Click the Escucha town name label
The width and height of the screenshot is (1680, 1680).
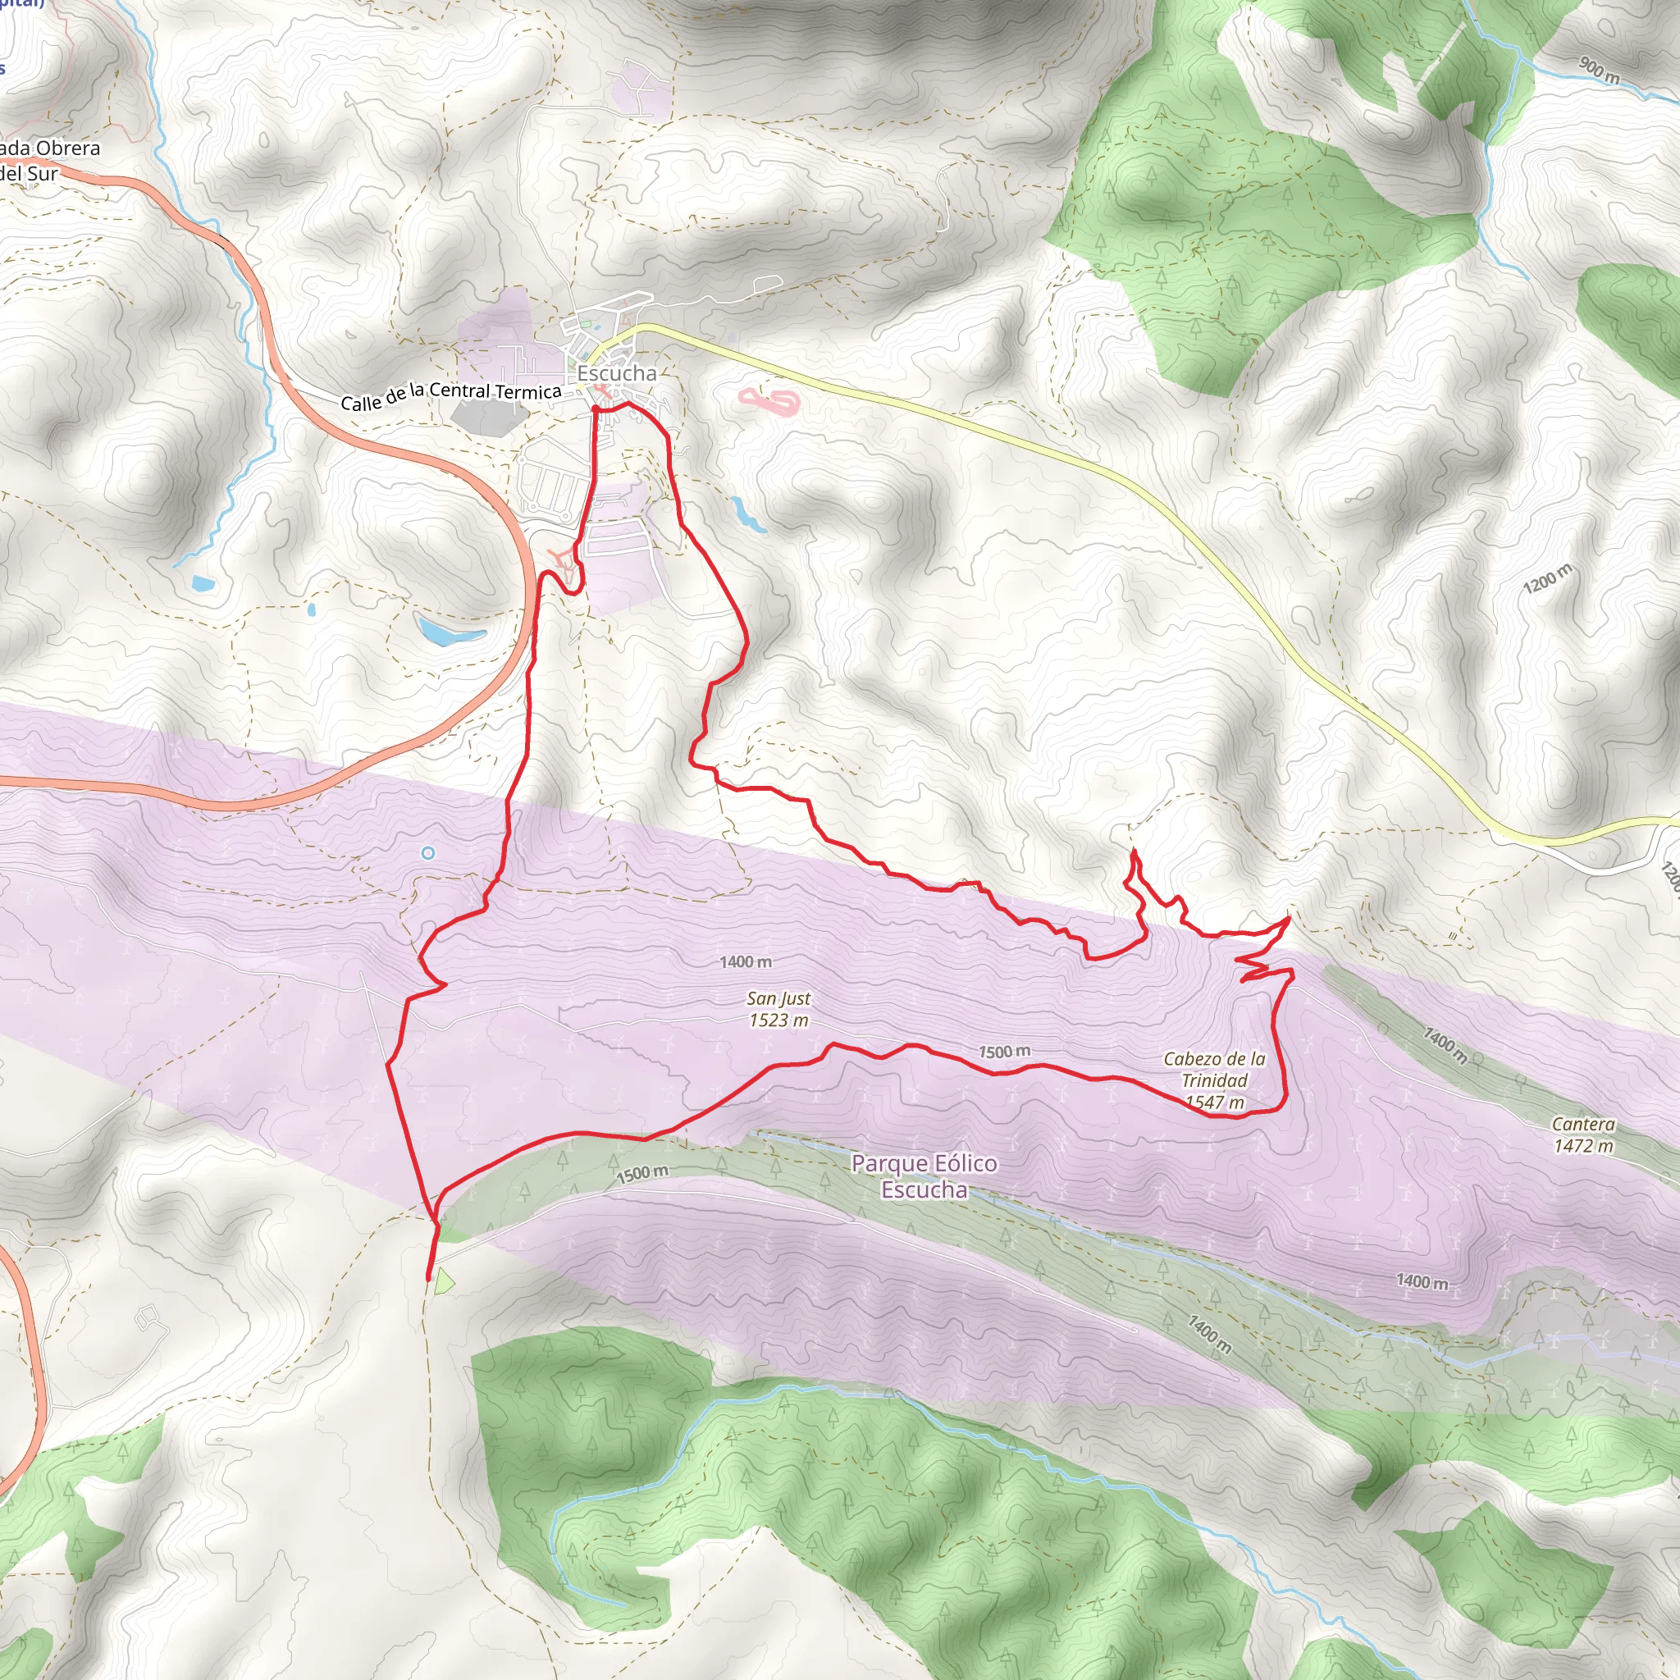pyautogui.click(x=617, y=373)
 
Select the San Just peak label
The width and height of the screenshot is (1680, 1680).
pyautogui.click(x=778, y=999)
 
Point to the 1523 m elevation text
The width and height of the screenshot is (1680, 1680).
pyautogui.click(x=778, y=1020)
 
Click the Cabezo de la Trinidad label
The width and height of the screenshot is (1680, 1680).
pyautogui.click(x=1214, y=1070)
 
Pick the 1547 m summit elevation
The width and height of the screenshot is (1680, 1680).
pyautogui.click(x=1214, y=1102)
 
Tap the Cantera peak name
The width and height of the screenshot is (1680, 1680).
pyautogui.click(x=1582, y=1125)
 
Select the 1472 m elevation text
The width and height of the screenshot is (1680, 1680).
pyautogui.click(x=1582, y=1146)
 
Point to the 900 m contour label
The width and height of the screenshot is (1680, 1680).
pyautogui.click(x=1598, y=71)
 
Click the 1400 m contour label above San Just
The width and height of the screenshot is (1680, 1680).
pyautogui.click(x=745, y=961)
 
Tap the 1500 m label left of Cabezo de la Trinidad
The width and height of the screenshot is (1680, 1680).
pyautogui.click(x=1004, y=1052)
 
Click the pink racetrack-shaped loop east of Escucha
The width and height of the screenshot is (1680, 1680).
pyautogui.click(x=769, y=402)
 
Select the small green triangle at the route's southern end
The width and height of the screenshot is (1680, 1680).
pyautogui.click(x=445, y=1280)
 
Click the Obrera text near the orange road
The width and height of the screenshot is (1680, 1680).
pyautogui.click(x=68, y=148)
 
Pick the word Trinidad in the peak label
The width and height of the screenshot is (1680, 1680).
pyautogui.click(x=1214, y=1081)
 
